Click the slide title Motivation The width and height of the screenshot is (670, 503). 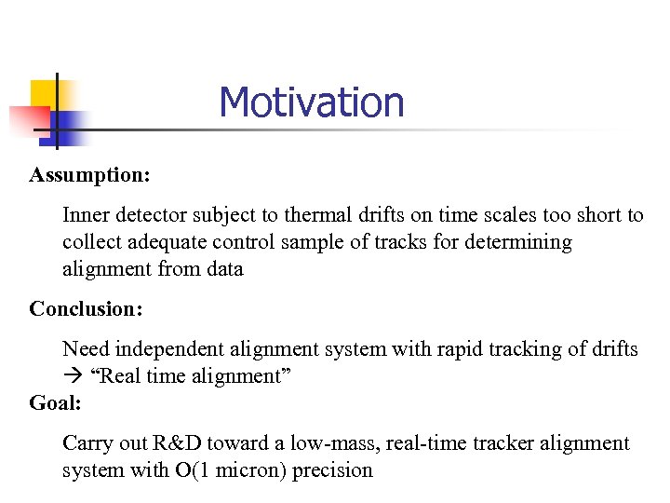[x=312, y=102]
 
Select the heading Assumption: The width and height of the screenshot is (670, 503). [x=89, y=175]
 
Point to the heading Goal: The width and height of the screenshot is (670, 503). [x=56, y=402]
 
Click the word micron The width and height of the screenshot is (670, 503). [x=252, y=470]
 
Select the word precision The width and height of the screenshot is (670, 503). [x=332, y=470]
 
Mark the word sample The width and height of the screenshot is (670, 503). [x=303, y=242]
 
